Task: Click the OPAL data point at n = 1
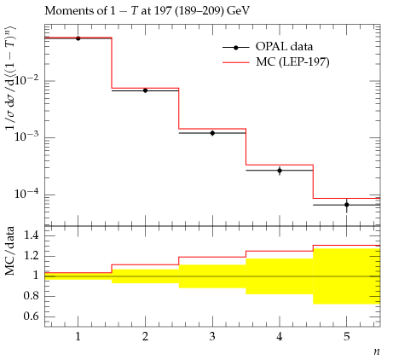78,38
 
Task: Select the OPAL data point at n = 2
145,90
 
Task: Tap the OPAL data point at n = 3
212,133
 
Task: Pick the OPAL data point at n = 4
280,171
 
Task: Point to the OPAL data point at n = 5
347,205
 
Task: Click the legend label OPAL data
284,46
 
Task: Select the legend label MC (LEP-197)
292,61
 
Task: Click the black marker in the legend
235,48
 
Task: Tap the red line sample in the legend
235,62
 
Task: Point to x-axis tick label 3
212,337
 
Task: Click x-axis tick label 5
347,337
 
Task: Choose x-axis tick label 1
78,337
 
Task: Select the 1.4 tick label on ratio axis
31,235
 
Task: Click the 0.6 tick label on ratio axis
31,316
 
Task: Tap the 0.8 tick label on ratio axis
31,296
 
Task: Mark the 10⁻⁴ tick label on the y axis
28,194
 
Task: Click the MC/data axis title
9,251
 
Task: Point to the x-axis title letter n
377,351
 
